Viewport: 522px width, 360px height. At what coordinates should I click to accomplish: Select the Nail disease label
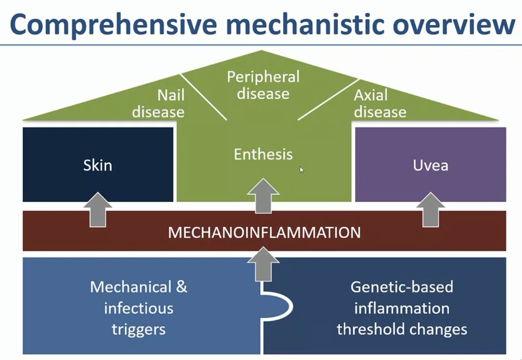click(158, 103)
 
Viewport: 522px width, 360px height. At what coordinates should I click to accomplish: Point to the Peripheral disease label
click(263, 85)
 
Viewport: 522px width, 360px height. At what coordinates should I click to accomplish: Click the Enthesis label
click(263, 154)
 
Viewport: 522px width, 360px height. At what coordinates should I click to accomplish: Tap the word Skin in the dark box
click(97, 165)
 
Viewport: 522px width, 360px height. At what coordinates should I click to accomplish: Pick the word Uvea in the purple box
click(431, 165)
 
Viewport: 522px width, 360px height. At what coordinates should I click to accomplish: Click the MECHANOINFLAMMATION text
click(264, 232)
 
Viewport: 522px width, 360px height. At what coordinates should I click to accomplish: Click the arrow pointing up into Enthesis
click(263, 196)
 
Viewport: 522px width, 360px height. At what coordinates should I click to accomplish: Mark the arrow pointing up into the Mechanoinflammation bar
click(263, 263)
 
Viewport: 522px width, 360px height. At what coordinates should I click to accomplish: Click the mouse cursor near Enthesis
click(301, 169)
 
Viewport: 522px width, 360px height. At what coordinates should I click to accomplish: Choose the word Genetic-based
click(402, 287)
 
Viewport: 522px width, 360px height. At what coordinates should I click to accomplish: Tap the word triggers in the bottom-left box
click(138, 329)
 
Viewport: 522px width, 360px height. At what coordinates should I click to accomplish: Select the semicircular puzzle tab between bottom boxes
click(278, 307)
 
